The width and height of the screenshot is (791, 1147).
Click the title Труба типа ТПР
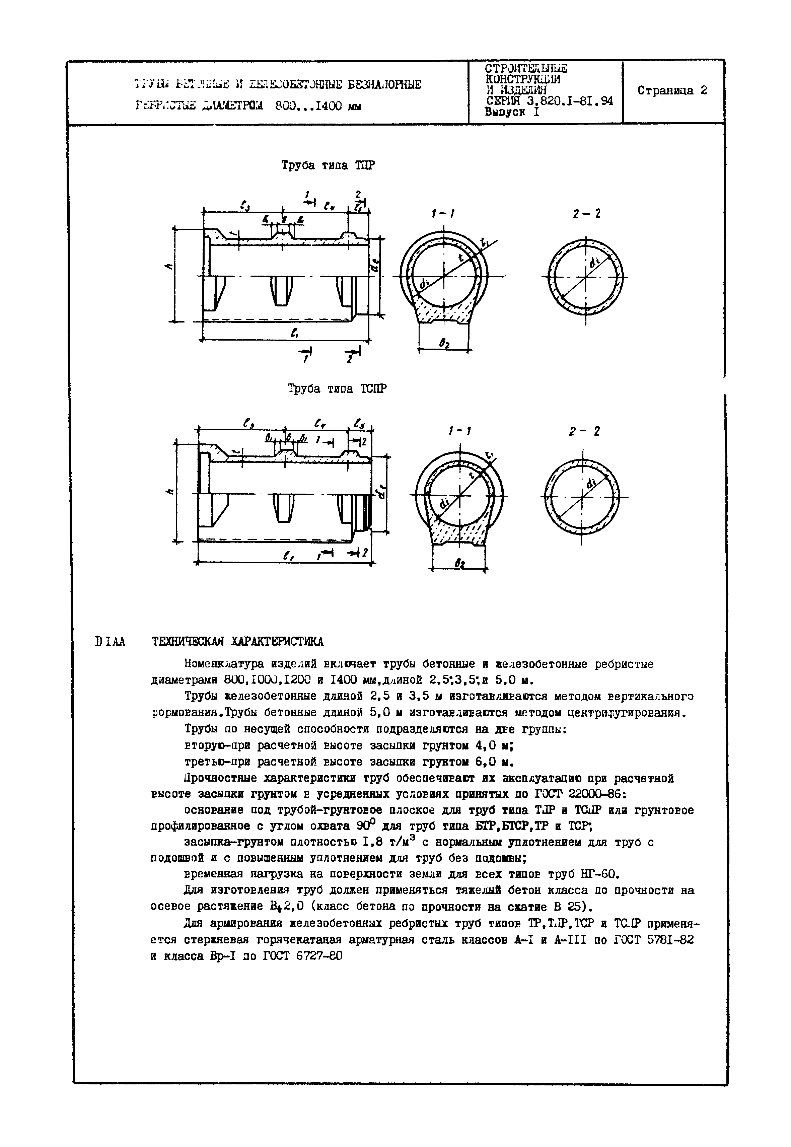[328, 165]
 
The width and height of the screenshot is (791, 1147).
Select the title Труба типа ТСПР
[337, 388]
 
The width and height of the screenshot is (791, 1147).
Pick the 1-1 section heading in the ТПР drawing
[443, 214]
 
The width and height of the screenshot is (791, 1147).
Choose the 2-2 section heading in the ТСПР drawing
[585, 432]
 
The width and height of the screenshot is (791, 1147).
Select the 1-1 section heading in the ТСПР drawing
[459, 432]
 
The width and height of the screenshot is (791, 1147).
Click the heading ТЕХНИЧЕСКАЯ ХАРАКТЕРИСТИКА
[237, 641]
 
